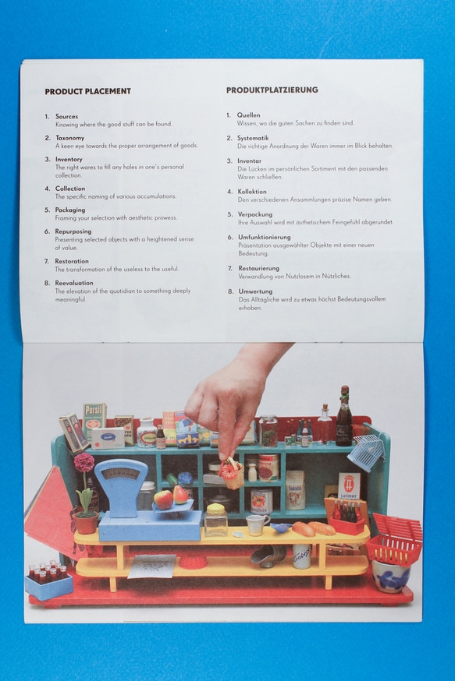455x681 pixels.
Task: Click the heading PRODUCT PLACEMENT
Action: point(87,92)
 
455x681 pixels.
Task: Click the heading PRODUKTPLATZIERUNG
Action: point(272,90)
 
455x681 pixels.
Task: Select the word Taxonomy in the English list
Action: point(69,138)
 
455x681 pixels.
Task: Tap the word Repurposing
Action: point(73,231)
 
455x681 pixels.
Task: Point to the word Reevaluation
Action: point(73,283)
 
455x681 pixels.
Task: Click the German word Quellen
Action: point(249,115)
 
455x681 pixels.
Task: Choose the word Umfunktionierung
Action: point(264,237)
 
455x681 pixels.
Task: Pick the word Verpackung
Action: point(254,214)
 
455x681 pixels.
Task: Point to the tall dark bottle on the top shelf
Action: point(343,418)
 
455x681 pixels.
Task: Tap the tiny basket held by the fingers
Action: point(231,472)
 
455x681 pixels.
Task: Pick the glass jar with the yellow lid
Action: point(215,520)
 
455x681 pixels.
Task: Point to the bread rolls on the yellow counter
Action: point(312,528)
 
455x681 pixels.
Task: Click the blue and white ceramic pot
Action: point(391,576)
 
